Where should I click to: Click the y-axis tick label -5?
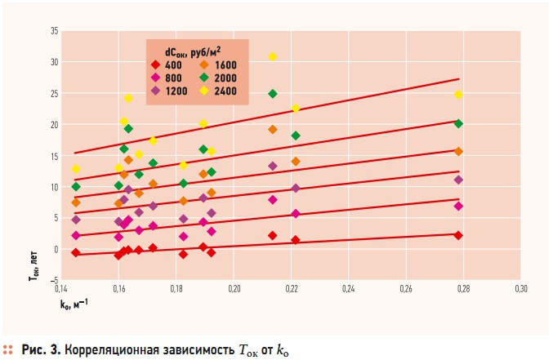[53, 280]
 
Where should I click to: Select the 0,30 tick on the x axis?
[520, 289]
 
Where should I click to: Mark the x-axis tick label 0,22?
[291, 289]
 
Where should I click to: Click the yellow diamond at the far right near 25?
[459, 95]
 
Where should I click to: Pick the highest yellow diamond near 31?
[273, 56]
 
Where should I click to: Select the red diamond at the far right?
[459, 235]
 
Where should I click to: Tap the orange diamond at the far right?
[459, 151]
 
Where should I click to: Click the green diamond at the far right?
[459, 123]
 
